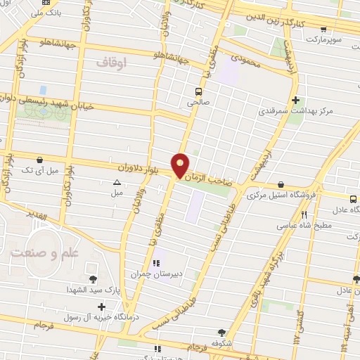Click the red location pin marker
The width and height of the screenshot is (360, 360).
coord(181,165)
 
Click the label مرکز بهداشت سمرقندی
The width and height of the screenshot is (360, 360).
coord(295,112)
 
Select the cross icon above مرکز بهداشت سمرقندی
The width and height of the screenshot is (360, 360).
coord(296,101)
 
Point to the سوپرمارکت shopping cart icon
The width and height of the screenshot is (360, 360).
coord(323,30)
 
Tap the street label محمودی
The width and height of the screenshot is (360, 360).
coord(246,63)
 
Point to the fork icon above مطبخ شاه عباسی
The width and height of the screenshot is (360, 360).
coord(304,215)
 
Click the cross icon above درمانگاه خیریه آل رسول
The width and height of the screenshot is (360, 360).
coord(102,307)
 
